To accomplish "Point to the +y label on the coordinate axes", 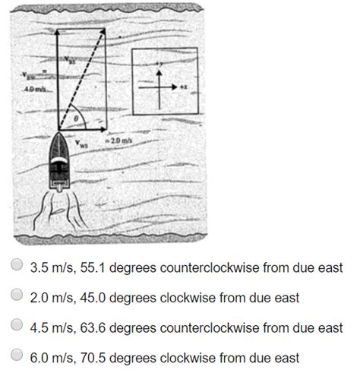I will pyautogui.click(x=158, y=60).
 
